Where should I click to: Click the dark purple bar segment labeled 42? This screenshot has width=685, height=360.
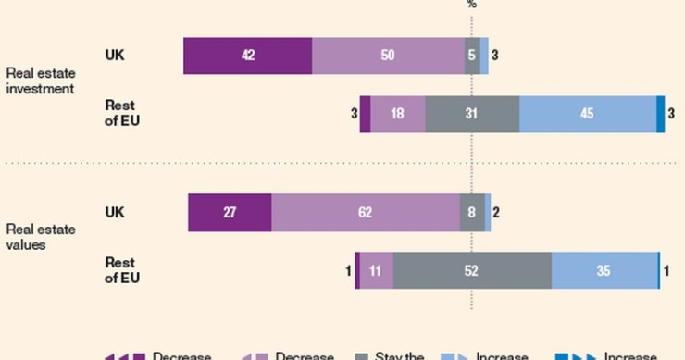click(x=247, y=56)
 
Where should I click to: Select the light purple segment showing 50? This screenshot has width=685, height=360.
click(x=388, y=56)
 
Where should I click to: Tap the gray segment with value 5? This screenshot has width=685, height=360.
click(x=472, y=56)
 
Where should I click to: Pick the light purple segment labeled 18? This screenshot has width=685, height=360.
click(x=397, y=114)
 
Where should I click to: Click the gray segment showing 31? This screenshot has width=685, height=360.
click(x=472, y=114)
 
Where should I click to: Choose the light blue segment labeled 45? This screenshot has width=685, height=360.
click(x=587, y=114)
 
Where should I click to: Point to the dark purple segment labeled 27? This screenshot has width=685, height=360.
click(x=230, y=213)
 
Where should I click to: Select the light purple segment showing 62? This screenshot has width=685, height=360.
click(x=365, y=213)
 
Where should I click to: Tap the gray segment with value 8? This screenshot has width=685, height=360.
click(x=472, y=213)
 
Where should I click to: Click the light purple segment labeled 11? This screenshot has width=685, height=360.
click(x=376, y=270)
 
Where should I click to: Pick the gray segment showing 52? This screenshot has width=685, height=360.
click(x=472, y=270)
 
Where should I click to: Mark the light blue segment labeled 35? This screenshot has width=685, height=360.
click(x=604, y=270)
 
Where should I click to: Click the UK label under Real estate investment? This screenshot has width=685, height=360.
click(x=115, y=55)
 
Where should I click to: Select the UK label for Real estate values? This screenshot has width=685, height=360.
click(x=115, y=212)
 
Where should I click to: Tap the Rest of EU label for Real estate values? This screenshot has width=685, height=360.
click(x=122, y=269)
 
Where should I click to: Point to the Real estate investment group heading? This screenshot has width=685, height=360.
click(x=41, y=81)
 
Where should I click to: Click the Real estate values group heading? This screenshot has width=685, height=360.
click(x=41, y=237)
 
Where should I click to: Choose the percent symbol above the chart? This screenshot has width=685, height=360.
click(x=472, y=5)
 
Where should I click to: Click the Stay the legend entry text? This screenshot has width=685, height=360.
click(x=399, y=355)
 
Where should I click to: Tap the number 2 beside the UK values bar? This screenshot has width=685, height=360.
click(x=496, y=213)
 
